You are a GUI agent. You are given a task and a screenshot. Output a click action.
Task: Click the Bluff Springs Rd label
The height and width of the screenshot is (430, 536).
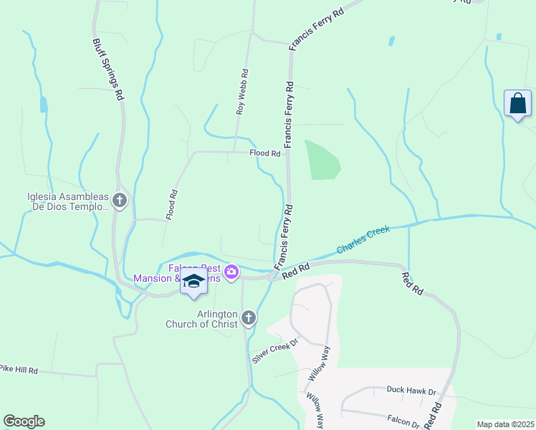pos(107,70)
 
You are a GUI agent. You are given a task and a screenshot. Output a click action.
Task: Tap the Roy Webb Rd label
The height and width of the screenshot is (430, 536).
pos(243,92)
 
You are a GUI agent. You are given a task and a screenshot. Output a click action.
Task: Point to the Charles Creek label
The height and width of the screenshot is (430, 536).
pos(363,239)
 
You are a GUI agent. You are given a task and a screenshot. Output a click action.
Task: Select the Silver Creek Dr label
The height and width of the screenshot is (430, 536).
pos(274,350)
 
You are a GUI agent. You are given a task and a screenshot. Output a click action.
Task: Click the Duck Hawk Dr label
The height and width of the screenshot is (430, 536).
pos(411,391)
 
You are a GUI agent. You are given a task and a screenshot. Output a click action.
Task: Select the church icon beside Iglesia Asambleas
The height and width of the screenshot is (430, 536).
pos(120,201)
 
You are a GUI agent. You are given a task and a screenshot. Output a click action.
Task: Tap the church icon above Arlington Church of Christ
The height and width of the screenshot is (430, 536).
pos(248,317)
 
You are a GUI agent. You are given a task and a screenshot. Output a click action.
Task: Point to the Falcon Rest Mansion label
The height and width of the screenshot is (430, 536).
pos(176,273)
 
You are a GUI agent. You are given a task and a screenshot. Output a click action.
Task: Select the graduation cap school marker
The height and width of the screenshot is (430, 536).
pos(193,282)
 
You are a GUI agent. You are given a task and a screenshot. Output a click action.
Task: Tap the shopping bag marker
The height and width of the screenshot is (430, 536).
pos(517,104)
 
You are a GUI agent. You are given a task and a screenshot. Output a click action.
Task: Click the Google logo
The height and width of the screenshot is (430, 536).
pos(24,421)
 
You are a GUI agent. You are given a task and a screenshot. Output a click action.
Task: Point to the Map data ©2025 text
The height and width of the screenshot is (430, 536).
pos(505,424)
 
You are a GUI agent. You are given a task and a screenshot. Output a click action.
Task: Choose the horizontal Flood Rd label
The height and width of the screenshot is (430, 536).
pos(264,153)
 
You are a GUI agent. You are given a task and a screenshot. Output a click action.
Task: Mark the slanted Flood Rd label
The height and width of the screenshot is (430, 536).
pos(172,204)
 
